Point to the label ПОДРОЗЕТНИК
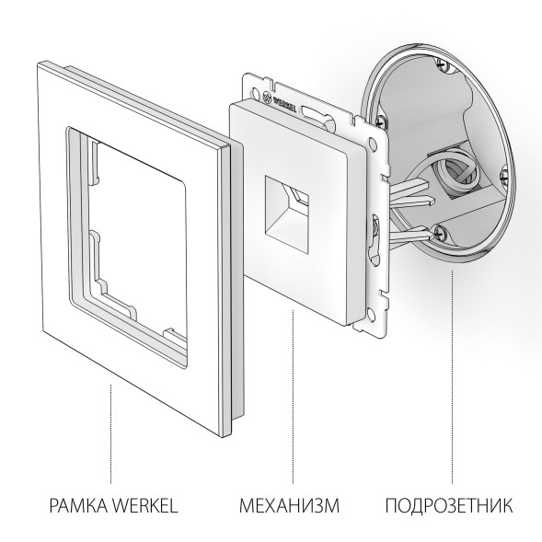(x=448, y=505)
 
